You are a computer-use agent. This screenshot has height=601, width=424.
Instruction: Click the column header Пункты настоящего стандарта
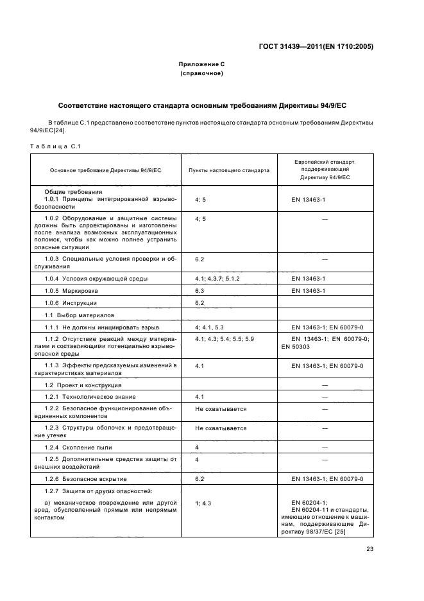tap(229, 170)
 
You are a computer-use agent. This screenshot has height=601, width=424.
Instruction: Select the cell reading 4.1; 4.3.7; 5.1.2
tap(217, 279)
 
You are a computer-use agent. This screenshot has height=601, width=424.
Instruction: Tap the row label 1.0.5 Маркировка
tap(70, 291)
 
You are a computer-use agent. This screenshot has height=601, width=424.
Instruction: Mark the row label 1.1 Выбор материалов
tap(79, 315)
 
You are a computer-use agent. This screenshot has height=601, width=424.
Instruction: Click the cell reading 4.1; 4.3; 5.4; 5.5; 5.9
tap(225, 338)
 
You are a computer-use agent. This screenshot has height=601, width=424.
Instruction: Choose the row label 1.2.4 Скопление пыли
tap(79, 446)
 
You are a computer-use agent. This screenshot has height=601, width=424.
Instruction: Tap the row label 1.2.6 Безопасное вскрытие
tap(86, 479)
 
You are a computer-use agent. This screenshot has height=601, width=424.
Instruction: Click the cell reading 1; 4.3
tap(203, 503)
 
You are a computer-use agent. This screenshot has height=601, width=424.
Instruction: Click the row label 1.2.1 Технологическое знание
tap(90, 397)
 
